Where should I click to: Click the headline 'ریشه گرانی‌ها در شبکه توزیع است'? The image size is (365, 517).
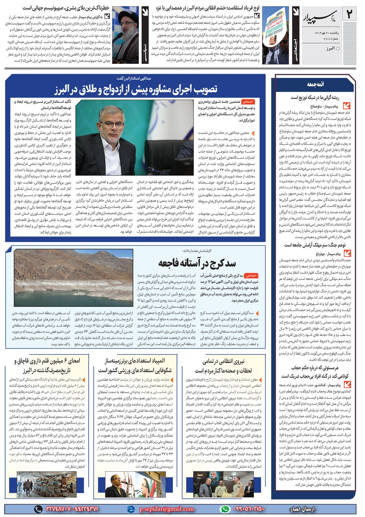tap(315, 97)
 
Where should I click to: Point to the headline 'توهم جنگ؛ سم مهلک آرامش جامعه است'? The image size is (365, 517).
tap(315, 245)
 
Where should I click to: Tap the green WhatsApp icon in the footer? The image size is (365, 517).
tap(225, 509)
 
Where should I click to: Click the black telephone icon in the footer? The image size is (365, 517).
tap(38, 509)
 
